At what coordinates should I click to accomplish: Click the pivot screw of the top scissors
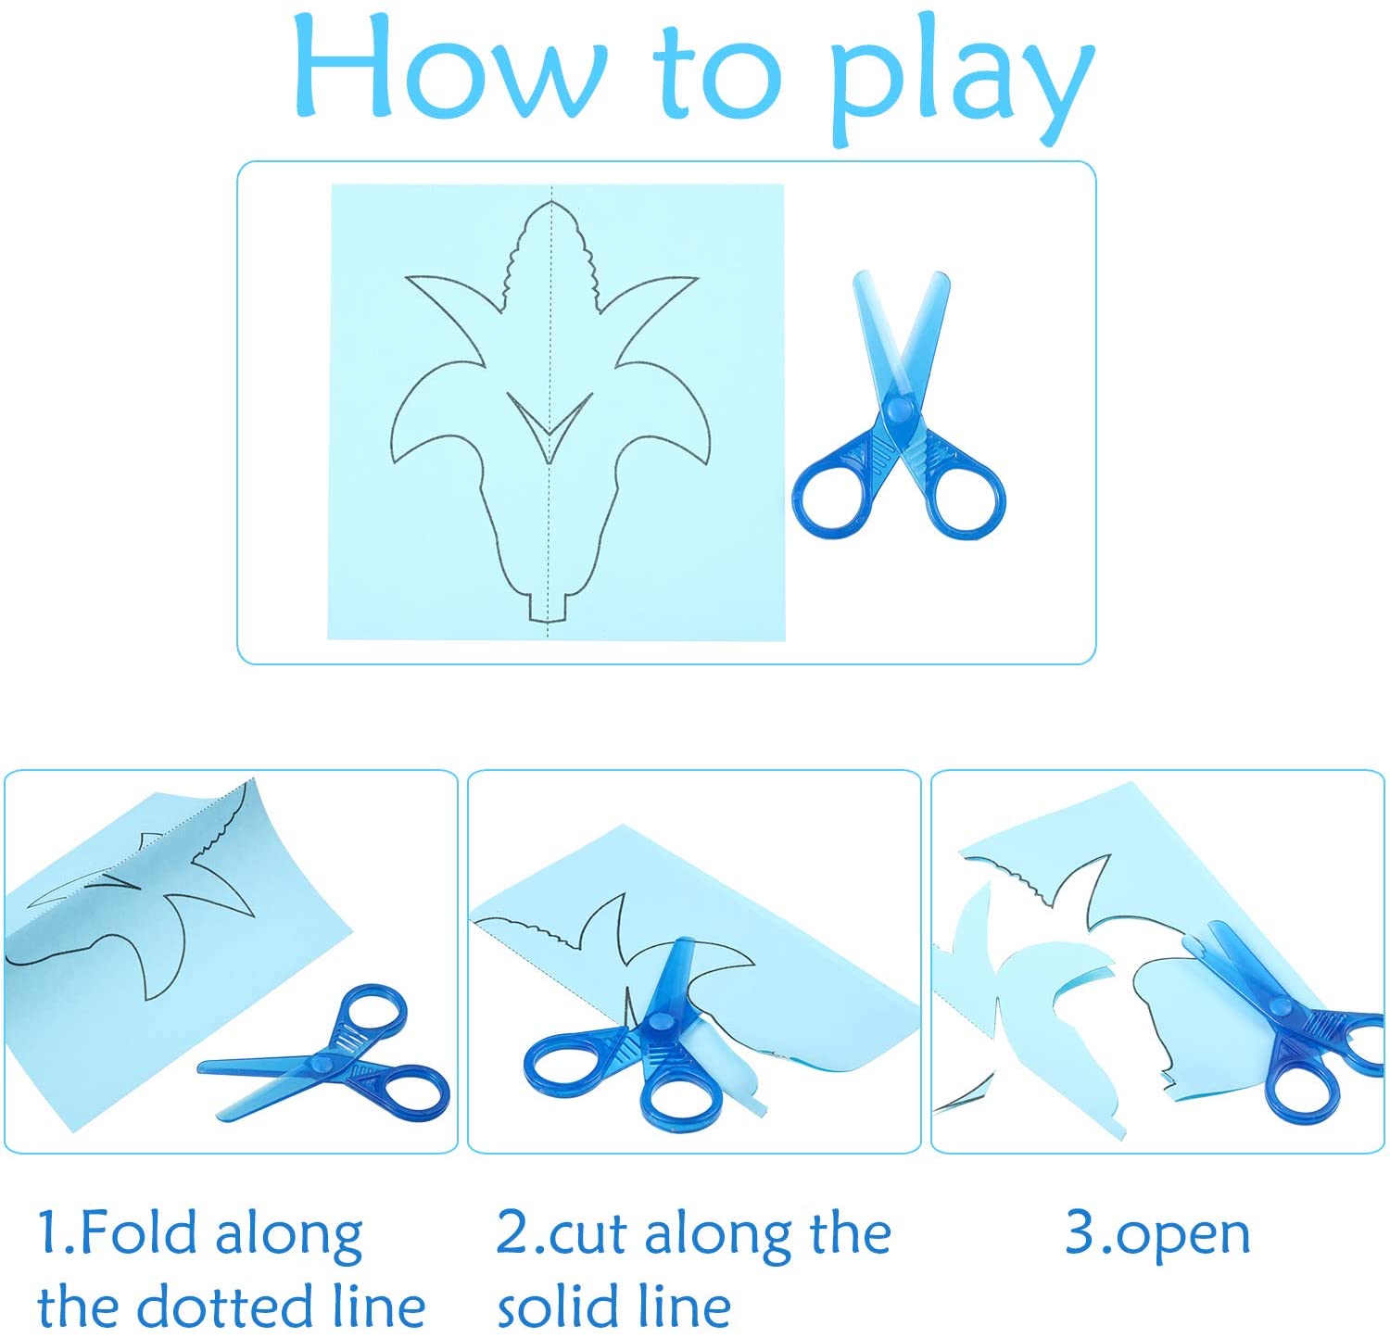point(898,408)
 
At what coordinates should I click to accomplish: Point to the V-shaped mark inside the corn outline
point(550,424)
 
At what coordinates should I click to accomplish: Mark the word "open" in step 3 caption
point(1182,1235)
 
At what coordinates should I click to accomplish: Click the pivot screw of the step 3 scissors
point(1281,1005)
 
